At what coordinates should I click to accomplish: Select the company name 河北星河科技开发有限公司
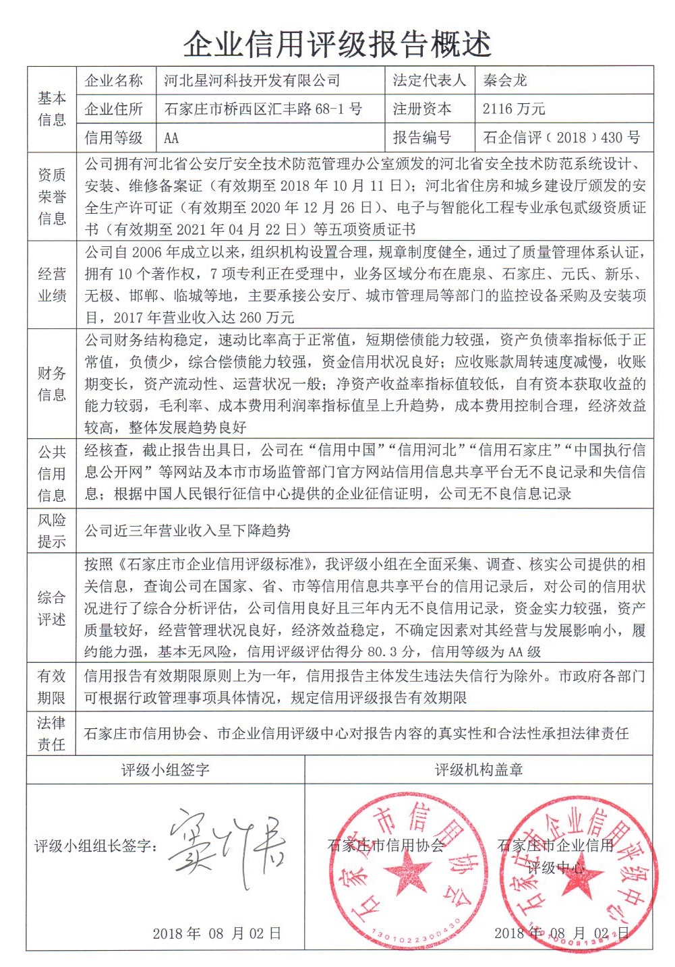tap(252, 81)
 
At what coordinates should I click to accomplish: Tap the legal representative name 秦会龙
tap(505, 81)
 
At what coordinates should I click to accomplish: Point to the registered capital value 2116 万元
tap(514, 109)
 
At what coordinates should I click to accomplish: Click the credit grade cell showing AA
tap(171, 138)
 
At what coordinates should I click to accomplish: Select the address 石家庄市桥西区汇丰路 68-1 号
tap(263, 109)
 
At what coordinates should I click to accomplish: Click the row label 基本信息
tap(52, 109)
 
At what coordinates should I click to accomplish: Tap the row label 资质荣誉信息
tap(52, 196)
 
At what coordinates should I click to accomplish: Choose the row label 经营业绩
tap(52, 285)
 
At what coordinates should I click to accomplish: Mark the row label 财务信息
tap(52, 384)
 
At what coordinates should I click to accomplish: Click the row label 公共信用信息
tap(52, 473)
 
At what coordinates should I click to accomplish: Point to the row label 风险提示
tap(52, 531)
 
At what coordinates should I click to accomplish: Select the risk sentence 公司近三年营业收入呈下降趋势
tap(187, 531)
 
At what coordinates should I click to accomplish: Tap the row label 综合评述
tap(52, 608)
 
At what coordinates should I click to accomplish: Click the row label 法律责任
tap(52, 734)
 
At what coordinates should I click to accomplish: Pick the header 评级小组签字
tap(165, 770)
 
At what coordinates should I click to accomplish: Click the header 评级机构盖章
tap(479, 770)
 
